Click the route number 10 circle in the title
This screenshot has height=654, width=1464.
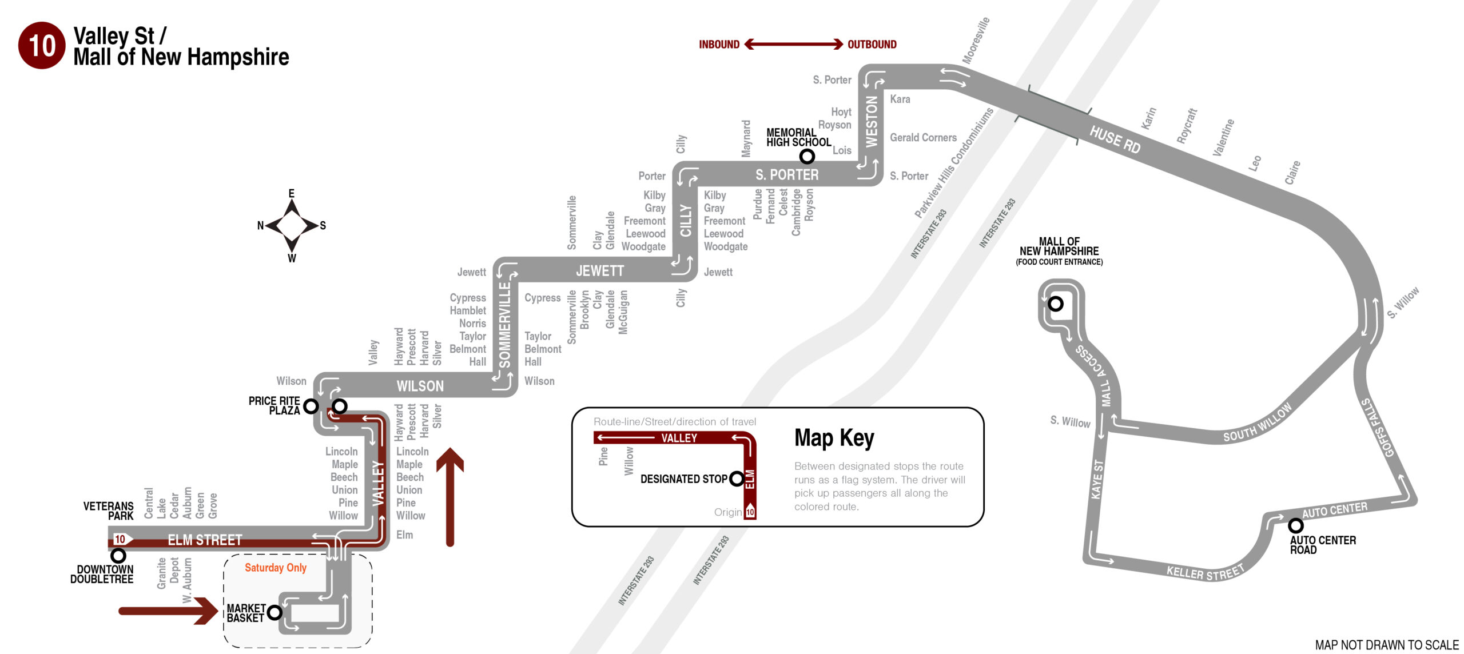(x=42, y=46)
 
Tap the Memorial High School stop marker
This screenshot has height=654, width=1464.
(x=806, y=155)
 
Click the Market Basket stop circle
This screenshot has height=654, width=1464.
(x=274, y=612)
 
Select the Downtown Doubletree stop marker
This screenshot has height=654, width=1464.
(x=118, y=555)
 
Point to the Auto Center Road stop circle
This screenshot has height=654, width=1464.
(x=1295, y=525)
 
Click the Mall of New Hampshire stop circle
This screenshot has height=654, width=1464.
(x=1055, y=304)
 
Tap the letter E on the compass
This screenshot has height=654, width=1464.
(x=292, y=193)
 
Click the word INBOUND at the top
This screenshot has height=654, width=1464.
(x=719, y=45)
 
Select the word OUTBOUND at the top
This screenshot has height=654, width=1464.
(x=872, y=45)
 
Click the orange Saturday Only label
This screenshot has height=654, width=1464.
(x=276, y=568)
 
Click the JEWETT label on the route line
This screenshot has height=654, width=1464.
(x=599, y=271)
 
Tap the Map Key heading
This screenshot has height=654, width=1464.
(x=834, y=438)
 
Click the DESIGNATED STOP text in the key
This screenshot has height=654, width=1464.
(x=683, y=479)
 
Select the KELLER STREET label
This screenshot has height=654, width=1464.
(x=1205, y=572)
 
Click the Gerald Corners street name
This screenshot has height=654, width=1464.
(x=923, y=138)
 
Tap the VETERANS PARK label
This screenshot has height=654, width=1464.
(x=109, y=511)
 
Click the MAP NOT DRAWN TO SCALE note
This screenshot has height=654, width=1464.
(x=1386, y=645)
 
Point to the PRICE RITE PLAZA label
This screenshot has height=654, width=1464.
(x=274, y=406)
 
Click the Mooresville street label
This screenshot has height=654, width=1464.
(x=976, y=41)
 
